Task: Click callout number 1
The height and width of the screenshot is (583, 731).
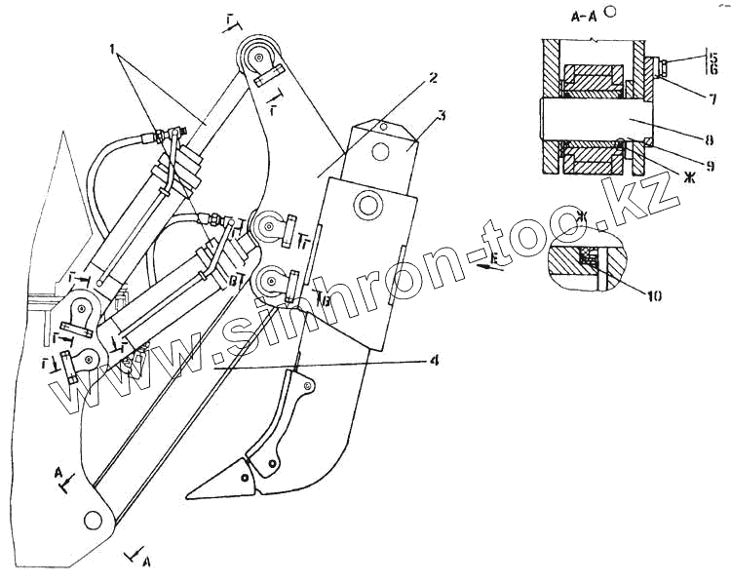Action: click(x=115, y=47)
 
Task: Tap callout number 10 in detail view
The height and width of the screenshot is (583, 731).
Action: click(x=654, y=293)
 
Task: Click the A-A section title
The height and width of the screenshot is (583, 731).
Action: click(x=587, y=17)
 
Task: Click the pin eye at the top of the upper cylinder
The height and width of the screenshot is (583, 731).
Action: click(x=259, y=55)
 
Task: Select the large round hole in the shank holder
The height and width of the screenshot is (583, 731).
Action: click(x=369, y=205)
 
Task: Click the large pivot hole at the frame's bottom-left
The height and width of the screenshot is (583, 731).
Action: click(x=95, y=521)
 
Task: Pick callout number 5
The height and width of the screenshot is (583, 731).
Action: click(x=713, y=57)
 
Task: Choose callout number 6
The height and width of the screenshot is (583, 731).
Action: click(x=713, y=70)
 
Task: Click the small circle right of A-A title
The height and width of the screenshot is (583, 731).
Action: click(x=610, y=12)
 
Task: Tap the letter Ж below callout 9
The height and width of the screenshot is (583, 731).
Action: click(x=687, y=175)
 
